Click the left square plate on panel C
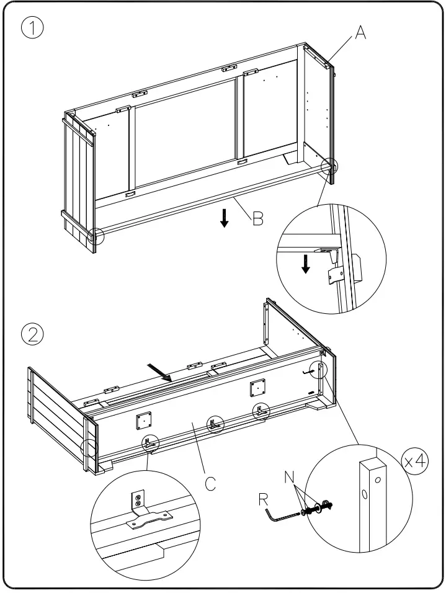tap(144, 419)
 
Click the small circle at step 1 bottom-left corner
tap(96, 236)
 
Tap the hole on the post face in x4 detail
tap(363, 495)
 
